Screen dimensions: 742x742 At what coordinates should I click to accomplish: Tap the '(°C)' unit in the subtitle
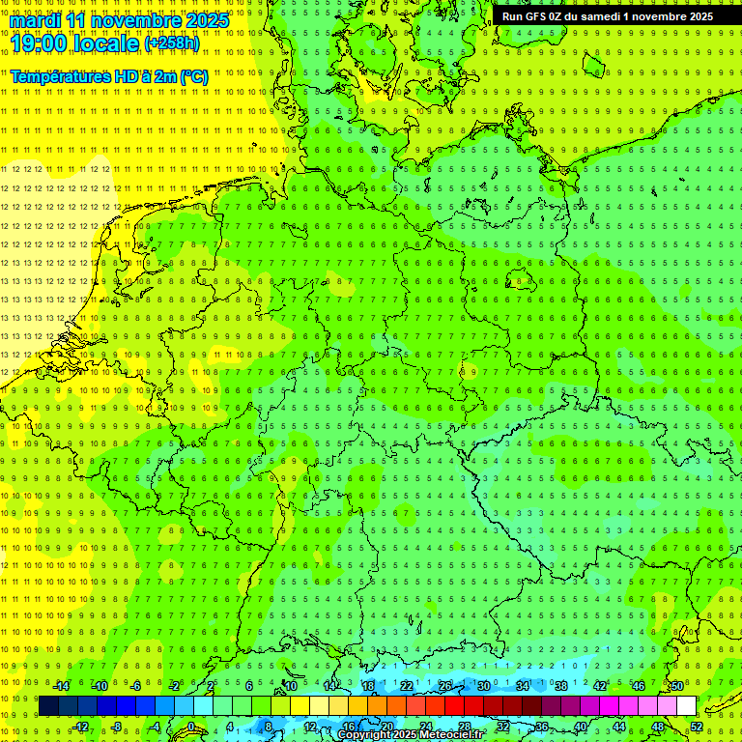191,76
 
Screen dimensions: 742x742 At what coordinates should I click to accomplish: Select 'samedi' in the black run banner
602,15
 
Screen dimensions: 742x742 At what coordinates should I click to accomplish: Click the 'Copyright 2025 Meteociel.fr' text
411,735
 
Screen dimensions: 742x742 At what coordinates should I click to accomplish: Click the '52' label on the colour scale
697,726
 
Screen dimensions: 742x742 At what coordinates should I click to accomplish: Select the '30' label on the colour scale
484,686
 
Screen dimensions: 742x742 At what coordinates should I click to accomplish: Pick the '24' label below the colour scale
426,726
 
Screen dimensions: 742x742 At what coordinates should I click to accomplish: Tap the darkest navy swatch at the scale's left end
48,705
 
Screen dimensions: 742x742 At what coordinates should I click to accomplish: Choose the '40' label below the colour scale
581,726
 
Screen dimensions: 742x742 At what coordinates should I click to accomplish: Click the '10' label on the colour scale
291,686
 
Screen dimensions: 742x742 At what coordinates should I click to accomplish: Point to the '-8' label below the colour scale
118,726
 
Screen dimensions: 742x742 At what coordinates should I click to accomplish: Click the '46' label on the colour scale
639,686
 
